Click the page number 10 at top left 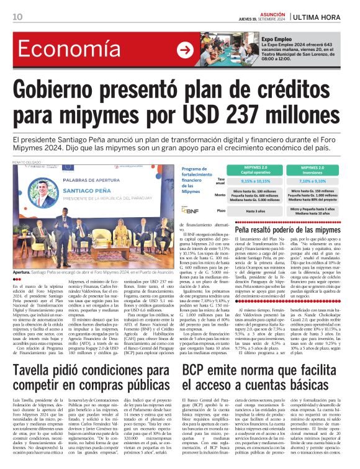point(17,17)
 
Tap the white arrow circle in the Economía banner point(186,50)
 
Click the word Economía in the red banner point(68,50)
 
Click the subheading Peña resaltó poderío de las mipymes point(287,231)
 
